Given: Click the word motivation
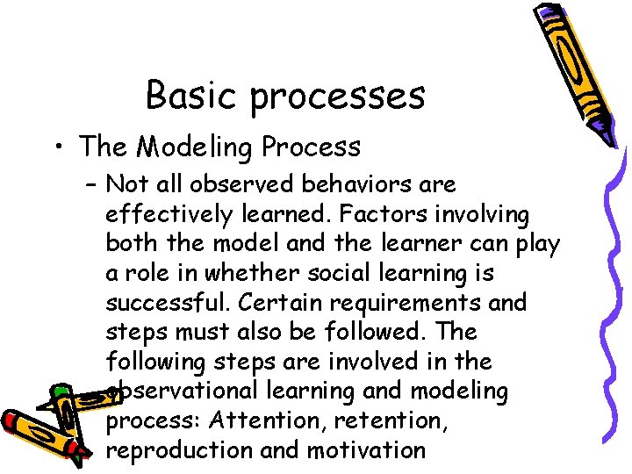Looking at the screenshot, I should pos(366,451).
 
